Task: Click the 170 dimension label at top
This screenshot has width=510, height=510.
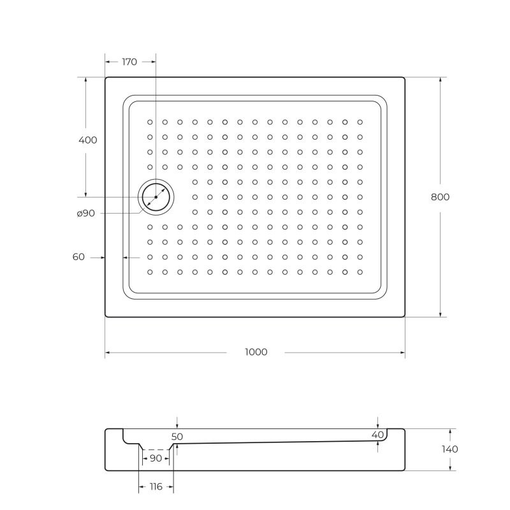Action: pos(129,62)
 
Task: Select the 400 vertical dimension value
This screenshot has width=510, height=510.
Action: pos(88,140)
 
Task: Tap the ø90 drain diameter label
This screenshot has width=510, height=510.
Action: pos(85,214)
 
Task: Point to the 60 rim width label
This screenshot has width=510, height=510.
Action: pos(78,257)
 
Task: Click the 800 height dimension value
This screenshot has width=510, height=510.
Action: pos(440,197)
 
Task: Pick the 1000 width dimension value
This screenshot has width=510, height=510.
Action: pos(256,352)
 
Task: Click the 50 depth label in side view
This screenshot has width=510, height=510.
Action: pos(177,436)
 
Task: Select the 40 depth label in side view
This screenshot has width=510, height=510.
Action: pos(378,435)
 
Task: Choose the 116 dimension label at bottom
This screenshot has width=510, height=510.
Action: pos(156,486)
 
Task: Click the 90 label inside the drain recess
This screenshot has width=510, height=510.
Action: pos(155,458)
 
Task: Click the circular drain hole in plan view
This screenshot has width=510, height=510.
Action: pos(156,197)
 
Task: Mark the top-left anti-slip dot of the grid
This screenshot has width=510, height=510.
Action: pos(150,122)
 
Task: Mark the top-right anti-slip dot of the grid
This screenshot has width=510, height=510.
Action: pos(360,122)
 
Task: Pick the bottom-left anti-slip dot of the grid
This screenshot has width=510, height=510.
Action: pos(150,272)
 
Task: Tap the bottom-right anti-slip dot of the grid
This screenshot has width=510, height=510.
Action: pos(360,272)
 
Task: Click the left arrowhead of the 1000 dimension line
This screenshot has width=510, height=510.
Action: pos(108,353)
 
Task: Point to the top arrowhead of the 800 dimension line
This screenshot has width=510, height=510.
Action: pos(440,80)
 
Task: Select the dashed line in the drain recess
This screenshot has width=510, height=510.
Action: pos(155,449)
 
